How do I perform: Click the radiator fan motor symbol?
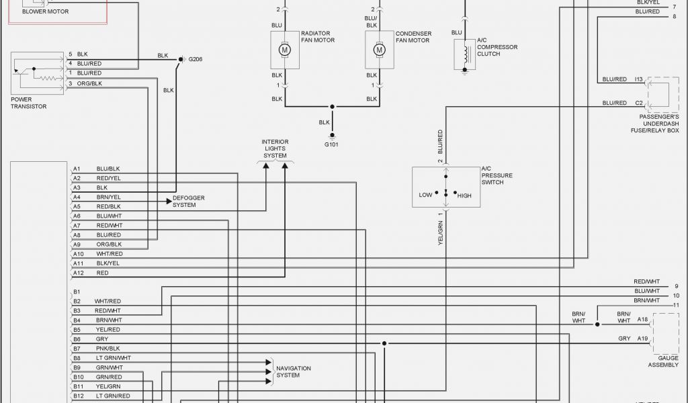(285, 50)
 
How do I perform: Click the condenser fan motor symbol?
(380, 50)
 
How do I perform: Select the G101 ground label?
(331, 144)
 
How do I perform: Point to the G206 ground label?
(195, 59)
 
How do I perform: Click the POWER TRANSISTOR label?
(29, 103)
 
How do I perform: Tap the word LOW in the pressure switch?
(425, 195)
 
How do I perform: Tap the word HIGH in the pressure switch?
(464, 195)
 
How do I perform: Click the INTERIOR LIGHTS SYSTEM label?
(275, 148)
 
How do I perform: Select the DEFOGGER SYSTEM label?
(189, 201)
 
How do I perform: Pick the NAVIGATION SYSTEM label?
(294, 371)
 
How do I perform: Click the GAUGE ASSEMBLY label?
(663, 361)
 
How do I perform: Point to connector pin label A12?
(79, 273)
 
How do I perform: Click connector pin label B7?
(77, 349)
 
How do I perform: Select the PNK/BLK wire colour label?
(107, 349)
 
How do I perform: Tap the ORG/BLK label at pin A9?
(109, 244)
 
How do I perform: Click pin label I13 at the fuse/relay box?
(639, 79)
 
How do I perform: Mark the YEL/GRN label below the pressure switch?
(441, 231)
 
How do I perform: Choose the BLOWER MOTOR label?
(45, 11)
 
